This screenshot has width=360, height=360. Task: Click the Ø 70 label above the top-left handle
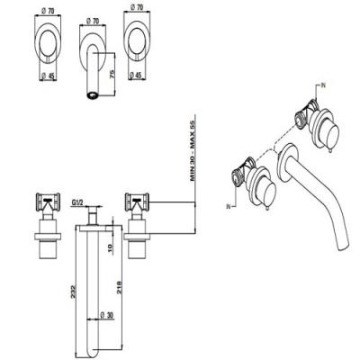tap(48, 12)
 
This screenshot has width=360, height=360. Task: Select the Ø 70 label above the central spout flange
tap(93, 22)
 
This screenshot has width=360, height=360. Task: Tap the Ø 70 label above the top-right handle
tap(137, 8)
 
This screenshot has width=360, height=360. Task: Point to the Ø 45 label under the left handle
tap(48, 76)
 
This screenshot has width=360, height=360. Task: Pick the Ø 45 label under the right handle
tap(135, 76)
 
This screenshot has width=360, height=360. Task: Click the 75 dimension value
tap(112, 74)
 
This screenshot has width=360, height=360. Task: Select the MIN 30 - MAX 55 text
tap(193, 150)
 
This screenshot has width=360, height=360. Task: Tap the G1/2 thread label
tap(77, 203)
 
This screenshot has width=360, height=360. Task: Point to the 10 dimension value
tap(110, 247)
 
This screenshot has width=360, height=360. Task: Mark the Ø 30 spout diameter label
tap(106, 315)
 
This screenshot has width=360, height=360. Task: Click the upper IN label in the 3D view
tap(323, 85)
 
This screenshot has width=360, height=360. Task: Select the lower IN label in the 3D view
tap(229, 206)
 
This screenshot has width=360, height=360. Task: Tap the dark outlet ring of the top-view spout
tap(93, 95)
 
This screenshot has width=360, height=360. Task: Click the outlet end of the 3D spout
tap(344, 247)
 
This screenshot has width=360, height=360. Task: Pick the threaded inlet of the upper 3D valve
tap(299, 118)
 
